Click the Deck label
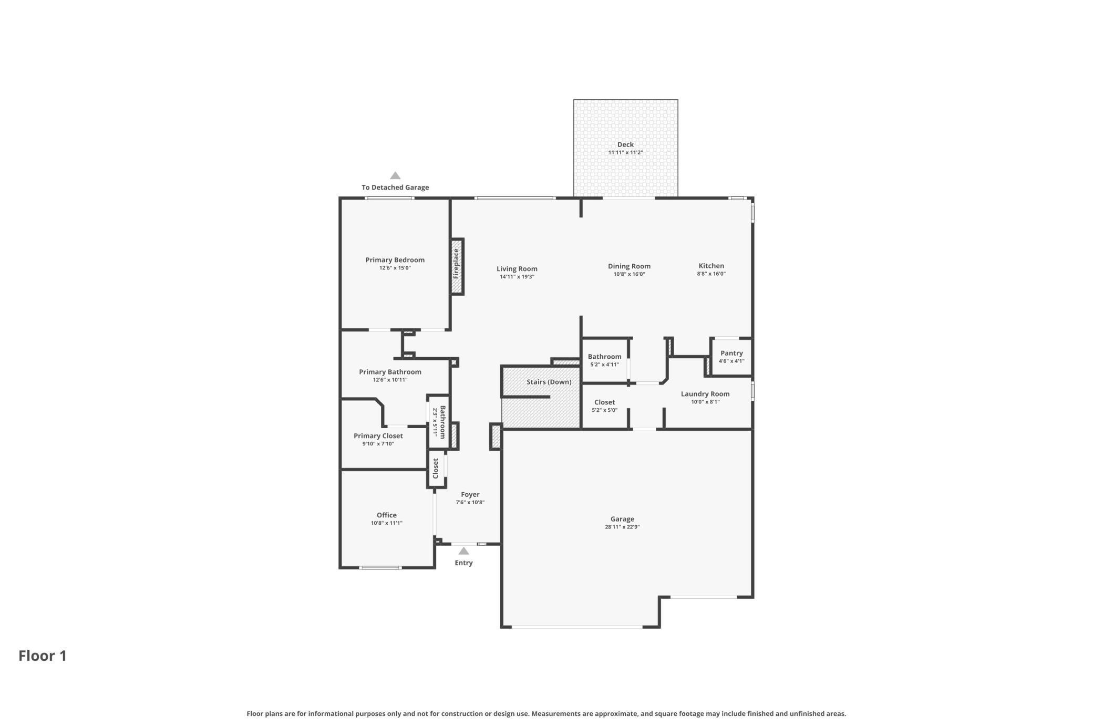(x=625, y=144)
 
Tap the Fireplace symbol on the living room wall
(x=457, y=267)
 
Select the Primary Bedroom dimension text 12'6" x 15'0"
(x=395, y=268)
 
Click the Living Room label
(x=517, y=269)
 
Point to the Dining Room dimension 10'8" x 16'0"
(x=629, y=274)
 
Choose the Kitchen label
(x=712, y=266)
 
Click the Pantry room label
(x=731, y=353)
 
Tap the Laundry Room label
(x=705, y=394)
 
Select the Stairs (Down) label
(x=549, y=382)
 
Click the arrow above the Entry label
(x=463, y=551)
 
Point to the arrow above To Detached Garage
(x=395, y=175)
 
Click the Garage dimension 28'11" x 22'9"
(x=622, y=527)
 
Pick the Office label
(x=387, y=515)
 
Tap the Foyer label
(x=470, y=494)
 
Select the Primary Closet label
(x=378, y=436)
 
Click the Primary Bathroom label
(x=390, y=372)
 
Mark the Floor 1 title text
(x=43, y=656)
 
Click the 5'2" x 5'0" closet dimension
(x=605, y=410)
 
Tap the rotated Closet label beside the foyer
(x=436, y=469)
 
